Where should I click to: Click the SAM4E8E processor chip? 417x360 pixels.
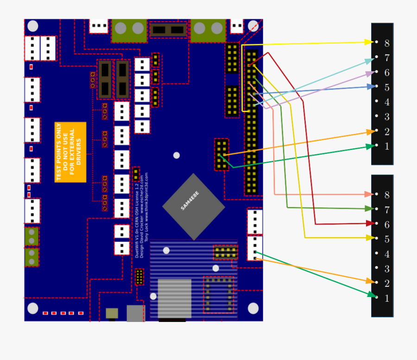tap(193, 207)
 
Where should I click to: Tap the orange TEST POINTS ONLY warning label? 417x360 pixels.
tap(70, 152)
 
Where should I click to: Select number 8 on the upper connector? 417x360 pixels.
tap(387, 43)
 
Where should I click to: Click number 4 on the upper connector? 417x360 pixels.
tap(387, 102)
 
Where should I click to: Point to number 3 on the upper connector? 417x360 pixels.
tap(387, 117)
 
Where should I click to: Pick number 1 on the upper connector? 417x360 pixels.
tap(387, 146)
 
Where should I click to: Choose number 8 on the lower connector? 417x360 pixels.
tap(387, 195)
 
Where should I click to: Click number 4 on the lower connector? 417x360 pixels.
tap(387, 254)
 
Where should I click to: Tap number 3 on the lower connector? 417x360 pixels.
tap(387, 269)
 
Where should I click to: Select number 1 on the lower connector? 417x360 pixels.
tap(387, 298)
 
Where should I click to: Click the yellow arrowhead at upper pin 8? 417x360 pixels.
tap(369, 42)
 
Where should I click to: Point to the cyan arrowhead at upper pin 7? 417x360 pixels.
tap(370, 60)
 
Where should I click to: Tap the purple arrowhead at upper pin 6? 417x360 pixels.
tap(370, 73)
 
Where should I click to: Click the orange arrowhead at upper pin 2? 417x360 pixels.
tap(371, 132)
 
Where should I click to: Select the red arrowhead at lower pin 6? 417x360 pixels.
tap(370, 223)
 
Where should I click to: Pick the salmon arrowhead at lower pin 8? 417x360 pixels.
tap(369, 194)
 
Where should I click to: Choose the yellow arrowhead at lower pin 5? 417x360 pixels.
tap(370, 238)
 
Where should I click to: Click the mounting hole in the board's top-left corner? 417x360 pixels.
tap(33, 26)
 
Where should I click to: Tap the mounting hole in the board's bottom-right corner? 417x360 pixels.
tap(253, 308)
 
